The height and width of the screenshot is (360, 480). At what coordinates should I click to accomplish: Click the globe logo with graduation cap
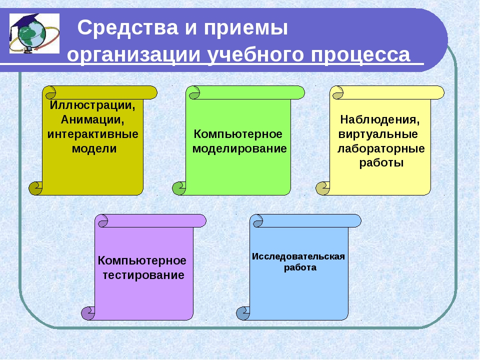[x=34, y=33]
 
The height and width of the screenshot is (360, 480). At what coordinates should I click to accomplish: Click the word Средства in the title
[x=128, y=27]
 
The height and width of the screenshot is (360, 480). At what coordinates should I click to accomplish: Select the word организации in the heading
[x=134, y=55]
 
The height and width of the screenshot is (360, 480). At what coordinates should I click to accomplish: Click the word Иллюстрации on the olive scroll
[x=92, y=105]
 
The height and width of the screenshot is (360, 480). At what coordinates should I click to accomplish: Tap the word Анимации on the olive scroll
[x=92, y=119]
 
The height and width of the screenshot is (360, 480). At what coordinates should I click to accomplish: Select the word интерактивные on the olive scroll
[x=93, y=134]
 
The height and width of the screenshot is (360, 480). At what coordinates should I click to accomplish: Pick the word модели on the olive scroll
[x=94, y=149]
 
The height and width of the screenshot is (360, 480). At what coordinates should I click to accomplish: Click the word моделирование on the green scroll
[x=239, y=149]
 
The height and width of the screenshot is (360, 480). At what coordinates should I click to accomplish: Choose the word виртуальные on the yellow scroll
[x=378, y=134]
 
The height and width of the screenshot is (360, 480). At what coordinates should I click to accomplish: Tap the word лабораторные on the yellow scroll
[x=381, y=149]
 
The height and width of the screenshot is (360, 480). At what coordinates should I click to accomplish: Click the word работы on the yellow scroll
[x=381, y=163]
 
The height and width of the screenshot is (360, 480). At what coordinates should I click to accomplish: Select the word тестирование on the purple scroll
[x=143, y=275]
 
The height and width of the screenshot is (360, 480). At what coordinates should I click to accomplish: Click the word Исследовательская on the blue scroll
[x=298, y=256]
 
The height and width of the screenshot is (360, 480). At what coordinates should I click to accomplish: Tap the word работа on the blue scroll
[x=300, y=267]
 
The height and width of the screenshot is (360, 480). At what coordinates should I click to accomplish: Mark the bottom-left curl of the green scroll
[x=179, y=188]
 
